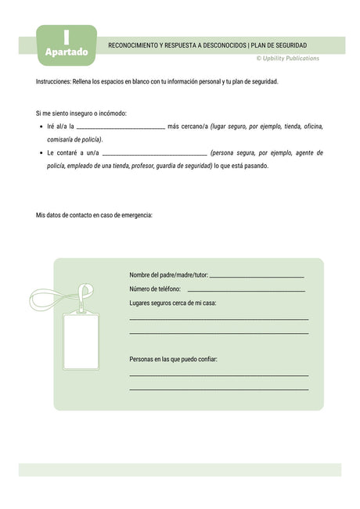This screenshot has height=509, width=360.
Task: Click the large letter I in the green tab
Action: (67, 36)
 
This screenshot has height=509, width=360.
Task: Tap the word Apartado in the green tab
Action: (67, 52)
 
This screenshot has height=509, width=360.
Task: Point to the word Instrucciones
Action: (54, 81)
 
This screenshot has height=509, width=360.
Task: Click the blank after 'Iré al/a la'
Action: (121, 127)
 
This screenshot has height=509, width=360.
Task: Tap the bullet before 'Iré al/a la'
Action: (41, 126)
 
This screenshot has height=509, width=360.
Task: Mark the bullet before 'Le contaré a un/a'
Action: (41, 153)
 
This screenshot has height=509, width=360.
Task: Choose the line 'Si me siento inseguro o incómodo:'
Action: (81, 113)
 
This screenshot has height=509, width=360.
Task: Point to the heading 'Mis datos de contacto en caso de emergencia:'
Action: (94, 215)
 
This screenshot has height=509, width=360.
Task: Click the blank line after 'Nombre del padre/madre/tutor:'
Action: (257, 277)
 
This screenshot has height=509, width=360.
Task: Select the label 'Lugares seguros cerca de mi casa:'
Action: (172, 303)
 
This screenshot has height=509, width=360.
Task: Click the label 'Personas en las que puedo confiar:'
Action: (173, 359)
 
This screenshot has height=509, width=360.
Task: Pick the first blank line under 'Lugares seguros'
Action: (218, 319)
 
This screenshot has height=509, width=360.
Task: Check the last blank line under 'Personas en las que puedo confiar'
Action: (218, 389)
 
